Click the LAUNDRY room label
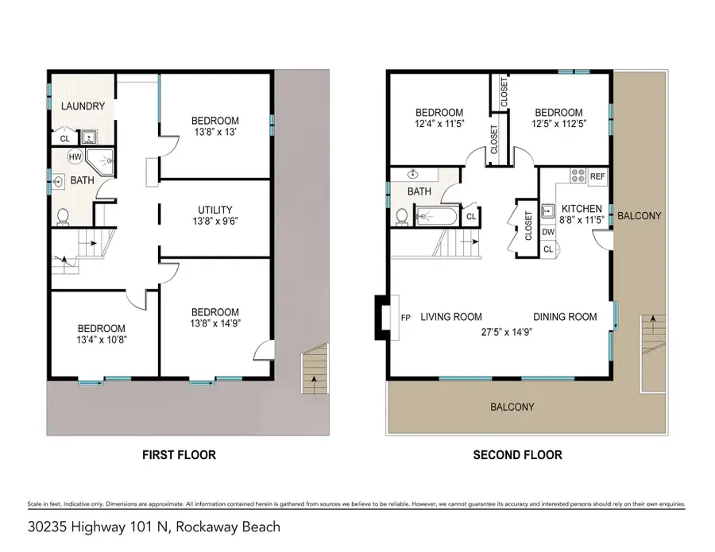[83, 106]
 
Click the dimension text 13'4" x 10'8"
[101, 341]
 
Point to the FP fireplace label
[405, 318]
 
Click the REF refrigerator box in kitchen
[597, 177]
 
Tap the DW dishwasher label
[548, 233]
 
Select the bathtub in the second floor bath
[436, 217]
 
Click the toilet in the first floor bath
[64, 215]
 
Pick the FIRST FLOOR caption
[179, 455]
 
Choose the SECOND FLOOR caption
[517, 455]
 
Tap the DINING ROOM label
[565, 317]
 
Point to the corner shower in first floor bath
[101, 162]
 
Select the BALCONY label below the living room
[512, 407]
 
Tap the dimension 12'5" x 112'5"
[558, 124]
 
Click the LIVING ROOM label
[451, 317]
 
